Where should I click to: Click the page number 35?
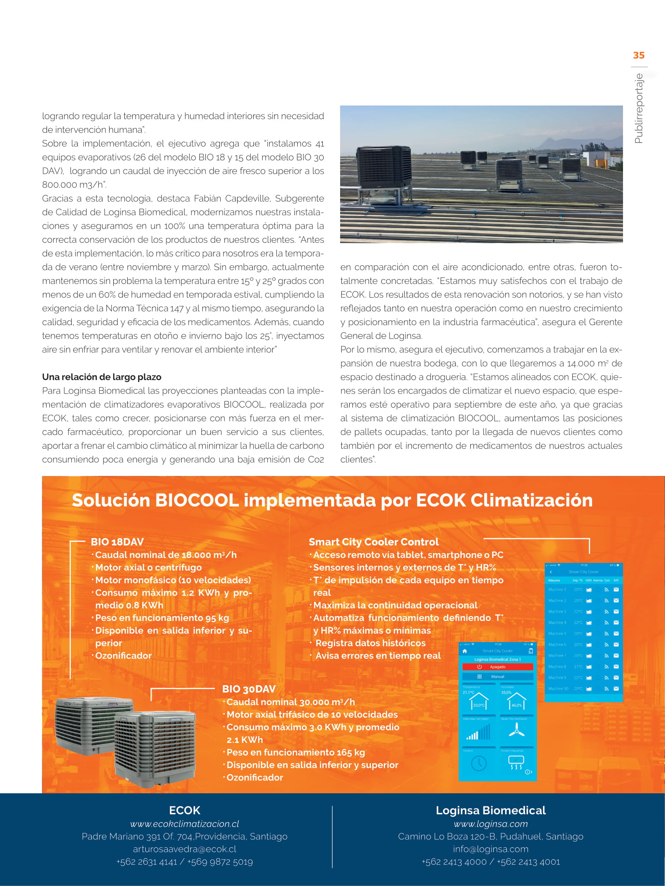click(x=639, y=55)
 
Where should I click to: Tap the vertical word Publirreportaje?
click(x=639, y=108)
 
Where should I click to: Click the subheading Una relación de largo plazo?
click(x=102, y=377)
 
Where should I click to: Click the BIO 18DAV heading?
click(x=117, y=542)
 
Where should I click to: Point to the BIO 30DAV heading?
click(x=249, y=689)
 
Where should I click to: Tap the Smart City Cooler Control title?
click(x=373, y=542)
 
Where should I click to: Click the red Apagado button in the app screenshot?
click(x=497, y=667)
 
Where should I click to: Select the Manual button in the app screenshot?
click(x=497, y=677)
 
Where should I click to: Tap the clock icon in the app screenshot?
click(x=478, y=764)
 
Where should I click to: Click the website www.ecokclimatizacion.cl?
click(x=184, y=824)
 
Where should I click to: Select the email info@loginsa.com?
click(x=490, y=849)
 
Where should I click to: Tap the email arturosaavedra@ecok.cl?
click(x=184, y=849)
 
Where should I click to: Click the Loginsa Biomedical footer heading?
click(x=490, y=810)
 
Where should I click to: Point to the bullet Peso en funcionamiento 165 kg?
click(x=295, y=752)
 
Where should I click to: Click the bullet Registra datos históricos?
click(x=370, y=643)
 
